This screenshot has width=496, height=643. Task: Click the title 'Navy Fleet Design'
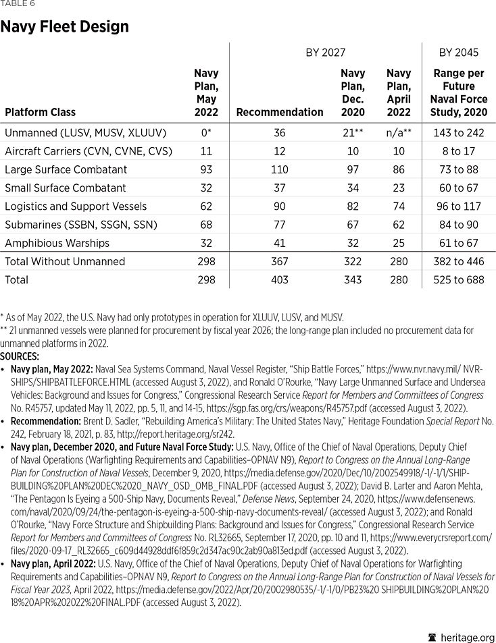pyautogui.click(x=64, y=27)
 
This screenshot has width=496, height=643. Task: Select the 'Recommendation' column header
pyautogui.click(x=280, y=112)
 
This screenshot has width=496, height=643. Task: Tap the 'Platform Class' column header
pyautogui.click(x=40, y=112)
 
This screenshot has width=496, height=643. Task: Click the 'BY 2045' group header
pyautogui.click(x=459, y=53)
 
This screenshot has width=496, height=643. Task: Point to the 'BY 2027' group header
pyautogui.click(x=325, y=53)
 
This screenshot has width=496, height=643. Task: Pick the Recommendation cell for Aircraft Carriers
pyautogui.click(x=280, y=151)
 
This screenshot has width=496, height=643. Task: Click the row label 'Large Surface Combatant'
pyautogui.click(x=66, y=169)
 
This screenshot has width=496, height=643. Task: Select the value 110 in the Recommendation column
pyautogui.click(x=280, y=169)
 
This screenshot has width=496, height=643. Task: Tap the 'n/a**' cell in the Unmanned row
pyautogui.click(x=399, y=132)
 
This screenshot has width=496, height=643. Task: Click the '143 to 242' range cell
pyautogui.click(x=459, y=132)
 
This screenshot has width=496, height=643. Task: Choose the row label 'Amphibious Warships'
pyautogui.click(x=57, y=243)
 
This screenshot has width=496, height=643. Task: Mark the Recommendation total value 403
pyautogui.click(x=280, y=279)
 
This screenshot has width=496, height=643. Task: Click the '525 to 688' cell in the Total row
pyautogui.click(x=459, y=279)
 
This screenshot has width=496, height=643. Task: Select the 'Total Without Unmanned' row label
pyautogui.click(x=65, y=261)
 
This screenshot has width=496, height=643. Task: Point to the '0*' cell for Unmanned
pyautogui.click(x=206, y=132)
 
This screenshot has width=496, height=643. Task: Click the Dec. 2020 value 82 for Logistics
pyautogui.click(x=353, y=206)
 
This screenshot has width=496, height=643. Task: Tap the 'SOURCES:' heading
pyautogui.click(x=20, y=356)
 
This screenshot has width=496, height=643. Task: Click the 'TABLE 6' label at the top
pyautogui.click(x=18, y=4)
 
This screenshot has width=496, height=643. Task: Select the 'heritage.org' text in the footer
pyautogui.click(x=467, y=638)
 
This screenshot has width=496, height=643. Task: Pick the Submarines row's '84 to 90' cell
pyautogui.click(x=459, y=225)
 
